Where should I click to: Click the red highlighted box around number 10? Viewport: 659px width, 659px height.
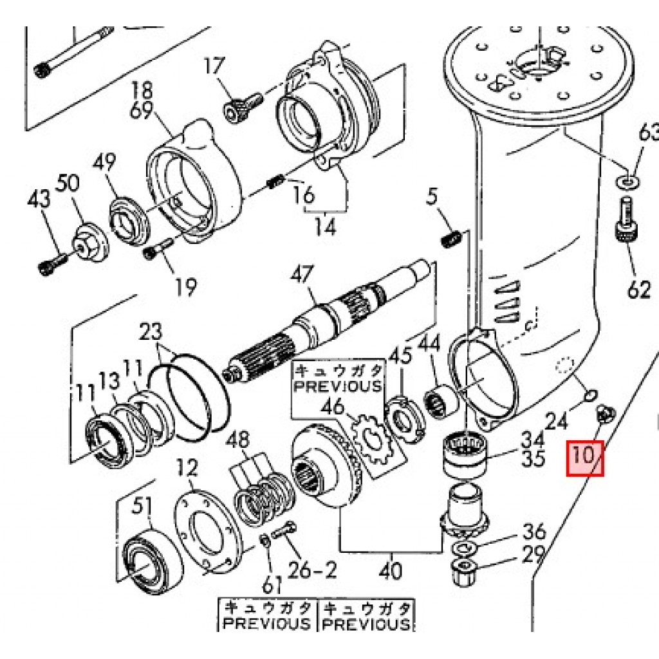click(x=584, y=458)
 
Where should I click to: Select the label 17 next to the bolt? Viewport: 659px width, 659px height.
click(x=215, y=66)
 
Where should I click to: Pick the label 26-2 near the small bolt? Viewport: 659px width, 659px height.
click(x=312, y=569)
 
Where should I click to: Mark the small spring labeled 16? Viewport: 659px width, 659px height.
click(x=275, y=183)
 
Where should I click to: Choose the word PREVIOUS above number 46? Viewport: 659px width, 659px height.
click(x=338, y=386)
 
